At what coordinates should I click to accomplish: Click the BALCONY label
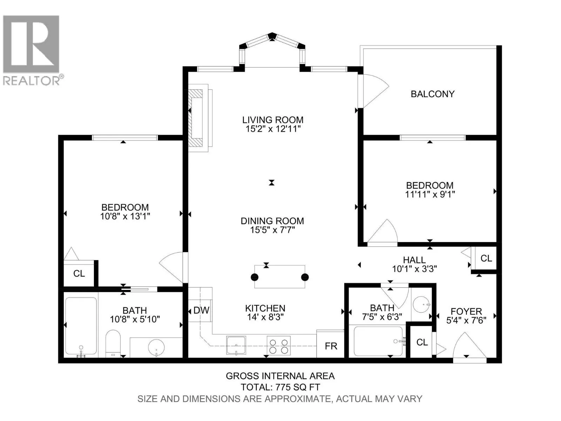432,94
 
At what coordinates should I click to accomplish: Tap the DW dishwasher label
201,310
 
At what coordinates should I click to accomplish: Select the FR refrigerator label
331,346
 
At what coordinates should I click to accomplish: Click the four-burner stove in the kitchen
279,346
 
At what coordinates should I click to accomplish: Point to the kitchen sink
236,345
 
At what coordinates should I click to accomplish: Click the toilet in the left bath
113,343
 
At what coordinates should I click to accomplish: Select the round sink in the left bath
156,347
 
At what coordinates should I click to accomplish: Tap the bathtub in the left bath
81,326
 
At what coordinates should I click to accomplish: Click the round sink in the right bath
421,304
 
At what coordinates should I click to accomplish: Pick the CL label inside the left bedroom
79,274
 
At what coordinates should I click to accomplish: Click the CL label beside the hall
486,259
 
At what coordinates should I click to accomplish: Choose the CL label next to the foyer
422,342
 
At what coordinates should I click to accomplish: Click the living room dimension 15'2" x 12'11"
273,129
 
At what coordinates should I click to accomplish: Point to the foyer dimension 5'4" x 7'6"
466,320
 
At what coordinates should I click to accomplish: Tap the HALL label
414,260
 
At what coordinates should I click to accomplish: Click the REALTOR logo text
32,81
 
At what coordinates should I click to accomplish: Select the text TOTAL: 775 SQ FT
280,387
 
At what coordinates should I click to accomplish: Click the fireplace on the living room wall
198,118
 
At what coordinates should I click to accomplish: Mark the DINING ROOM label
272,221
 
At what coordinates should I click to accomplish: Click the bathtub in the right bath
379,341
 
